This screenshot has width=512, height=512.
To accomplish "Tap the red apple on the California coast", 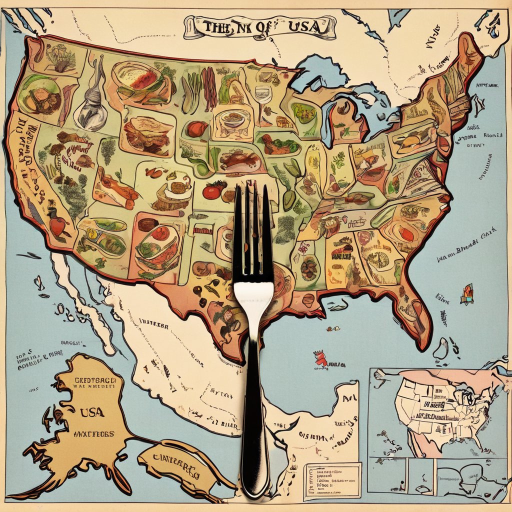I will coord(57,226).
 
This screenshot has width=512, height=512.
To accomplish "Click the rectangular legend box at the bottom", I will coord(332,480).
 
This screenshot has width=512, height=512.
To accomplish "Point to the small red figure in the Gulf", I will coord(321,358).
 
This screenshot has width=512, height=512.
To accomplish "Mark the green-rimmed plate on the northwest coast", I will coord(39,95).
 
